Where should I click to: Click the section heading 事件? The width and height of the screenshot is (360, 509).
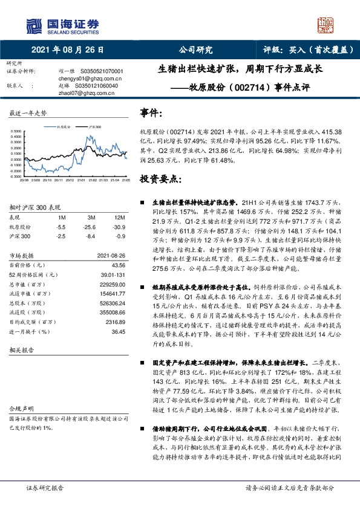[151, 113]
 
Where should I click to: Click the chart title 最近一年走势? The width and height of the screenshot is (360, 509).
[28, 113]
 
